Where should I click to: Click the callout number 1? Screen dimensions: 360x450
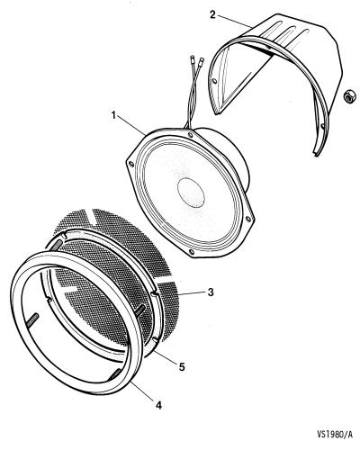click(113, 115)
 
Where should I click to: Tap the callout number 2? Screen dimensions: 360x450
click(212, 14)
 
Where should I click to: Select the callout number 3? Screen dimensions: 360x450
click(211, 292)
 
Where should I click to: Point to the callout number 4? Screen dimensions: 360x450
click(158, 405)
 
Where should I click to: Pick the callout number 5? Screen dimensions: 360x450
click(182, 366)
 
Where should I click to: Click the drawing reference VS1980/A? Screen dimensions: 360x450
click(335, 434)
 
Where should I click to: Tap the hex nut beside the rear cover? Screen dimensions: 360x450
click(349, 95)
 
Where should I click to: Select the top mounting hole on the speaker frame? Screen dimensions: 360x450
click(189, 135)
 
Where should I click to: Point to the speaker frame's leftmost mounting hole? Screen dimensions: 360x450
click(130, 164)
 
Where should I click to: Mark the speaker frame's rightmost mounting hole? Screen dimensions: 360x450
click(247, 219)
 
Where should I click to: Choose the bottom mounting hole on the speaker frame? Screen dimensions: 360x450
click(191, 251)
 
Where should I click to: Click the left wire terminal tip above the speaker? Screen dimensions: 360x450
click(193, 58)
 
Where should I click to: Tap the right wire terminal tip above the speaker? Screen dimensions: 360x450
click(202, 60)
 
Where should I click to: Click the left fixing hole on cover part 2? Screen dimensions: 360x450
click(214, 81)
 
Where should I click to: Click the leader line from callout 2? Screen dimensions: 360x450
click(235, 22)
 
